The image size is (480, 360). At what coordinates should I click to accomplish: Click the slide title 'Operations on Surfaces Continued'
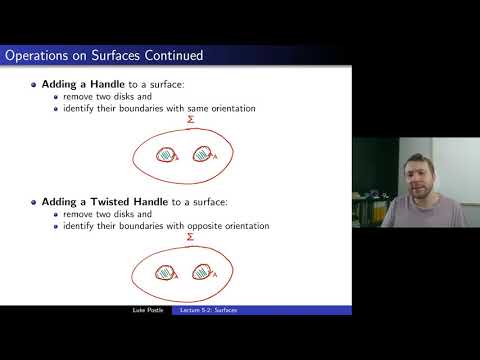[x=104, y=55]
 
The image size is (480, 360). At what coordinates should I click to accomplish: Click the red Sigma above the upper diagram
[x=190, y=121]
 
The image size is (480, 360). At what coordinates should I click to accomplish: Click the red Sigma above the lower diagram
[x=190, y=238]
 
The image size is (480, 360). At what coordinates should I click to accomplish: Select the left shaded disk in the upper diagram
[x=165, y=155]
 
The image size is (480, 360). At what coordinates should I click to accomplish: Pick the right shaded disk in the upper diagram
[x=204, y=155]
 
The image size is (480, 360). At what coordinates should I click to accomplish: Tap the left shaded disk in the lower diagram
[x=166, y=271]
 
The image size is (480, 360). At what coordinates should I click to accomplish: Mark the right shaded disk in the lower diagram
[x=204, y=271]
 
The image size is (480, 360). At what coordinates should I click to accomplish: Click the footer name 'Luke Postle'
[x=146, y=310]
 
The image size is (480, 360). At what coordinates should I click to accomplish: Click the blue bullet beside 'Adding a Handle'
[x=34, y=88]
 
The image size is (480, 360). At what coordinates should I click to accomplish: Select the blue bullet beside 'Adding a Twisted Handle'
[x=34, y=203]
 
